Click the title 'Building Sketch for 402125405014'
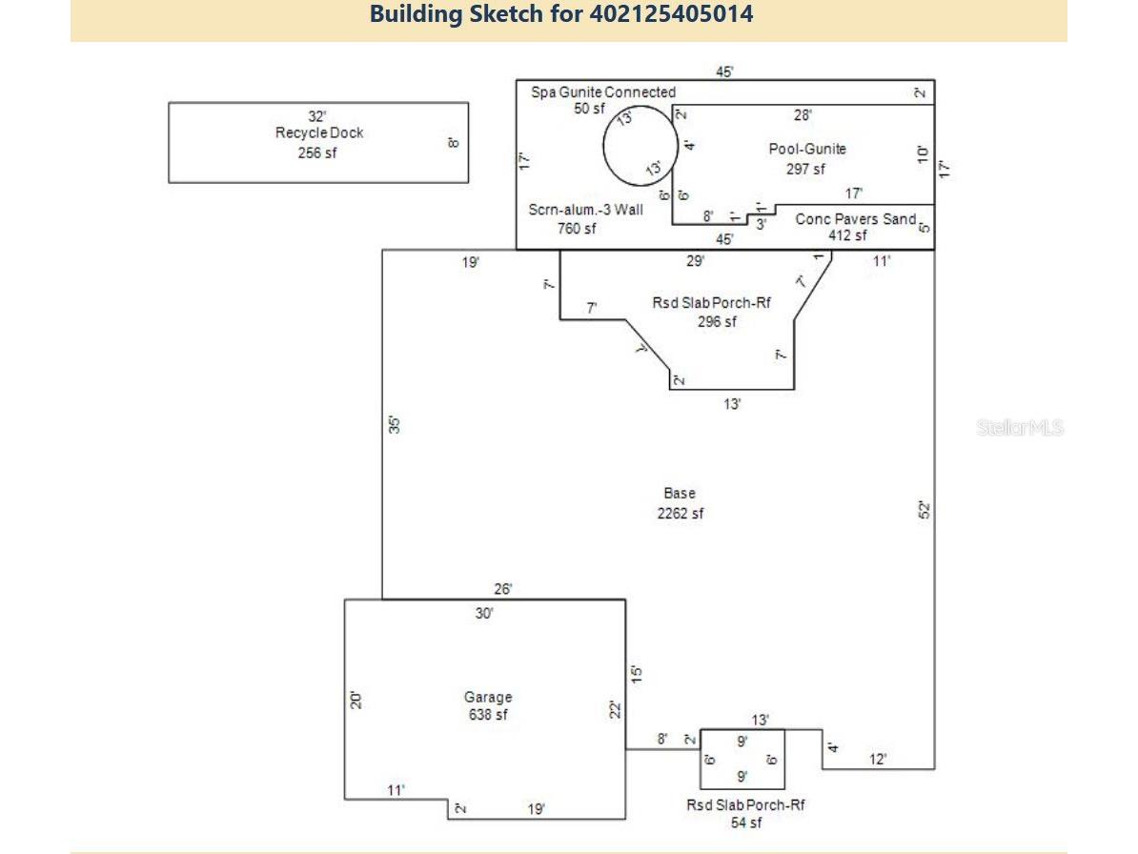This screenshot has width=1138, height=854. [x=561, y=14]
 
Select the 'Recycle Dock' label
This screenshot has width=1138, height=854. [x=319, y=133]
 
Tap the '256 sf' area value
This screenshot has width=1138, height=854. [x=317, y=152]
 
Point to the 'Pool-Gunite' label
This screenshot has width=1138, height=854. [x=807, y=149]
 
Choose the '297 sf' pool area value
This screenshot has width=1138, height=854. [x=805, y=169]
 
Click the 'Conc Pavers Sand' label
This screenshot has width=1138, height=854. [x=855, y=219]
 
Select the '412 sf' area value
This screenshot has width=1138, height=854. [x=847, y=235]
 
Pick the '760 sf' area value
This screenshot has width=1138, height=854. [x=577, y=228]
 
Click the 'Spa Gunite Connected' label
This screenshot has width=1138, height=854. [x=602, y=92]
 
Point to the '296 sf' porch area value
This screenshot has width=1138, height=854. [x=717, y=322]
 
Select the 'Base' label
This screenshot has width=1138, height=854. [x=680, y=494]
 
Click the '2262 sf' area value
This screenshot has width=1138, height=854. [x=680, y=514]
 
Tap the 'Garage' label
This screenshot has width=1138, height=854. [x=488, y=698]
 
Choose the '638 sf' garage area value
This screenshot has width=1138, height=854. [x=488, y=715]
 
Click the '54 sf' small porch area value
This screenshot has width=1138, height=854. [x=746, y=823]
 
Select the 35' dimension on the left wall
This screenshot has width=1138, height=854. [x=394, y=424]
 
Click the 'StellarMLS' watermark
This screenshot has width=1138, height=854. [x=1019, y=428]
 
